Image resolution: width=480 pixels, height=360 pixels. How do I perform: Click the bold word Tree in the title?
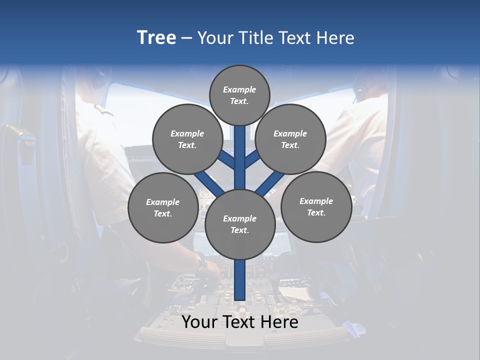pyautogui.click(x=156, y=37)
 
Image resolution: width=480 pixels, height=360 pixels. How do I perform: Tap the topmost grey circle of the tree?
pyautogui.click(x=239, y=95)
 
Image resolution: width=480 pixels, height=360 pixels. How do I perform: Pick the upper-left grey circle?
pyautogui.click(x=187, y=139)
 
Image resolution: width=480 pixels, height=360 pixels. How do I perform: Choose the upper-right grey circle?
pyautogui.click(x=290, y=139)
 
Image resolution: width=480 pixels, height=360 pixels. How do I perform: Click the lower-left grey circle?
pyautogui.click(x=162, y=207)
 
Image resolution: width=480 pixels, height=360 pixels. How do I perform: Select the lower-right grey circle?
pyautogui.click(x=316, y=206)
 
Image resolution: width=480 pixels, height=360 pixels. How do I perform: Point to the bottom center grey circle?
pyautogui.click(x=239, y=224)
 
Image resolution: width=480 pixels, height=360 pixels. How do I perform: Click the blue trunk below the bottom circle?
pyautogui.click(x=239, y=280)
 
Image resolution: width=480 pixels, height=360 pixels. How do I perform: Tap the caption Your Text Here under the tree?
pyautogui.click(x=239, y=322)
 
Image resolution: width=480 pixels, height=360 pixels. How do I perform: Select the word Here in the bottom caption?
pyautogui.click(x=279, y=322)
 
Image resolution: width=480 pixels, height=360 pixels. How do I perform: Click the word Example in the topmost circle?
pyautogui.click(x=239, y=89)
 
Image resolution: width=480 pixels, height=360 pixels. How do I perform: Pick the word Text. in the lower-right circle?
pyautogui.click(x=316, y=212)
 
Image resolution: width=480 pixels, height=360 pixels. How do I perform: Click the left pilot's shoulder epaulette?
pyautogui.click(x=103, y=109)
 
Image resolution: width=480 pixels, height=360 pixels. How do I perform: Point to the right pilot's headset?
pyautogui.click(x=358, y=92)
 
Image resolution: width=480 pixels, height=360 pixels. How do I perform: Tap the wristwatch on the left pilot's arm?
pyautogui.click(x=201, y=260)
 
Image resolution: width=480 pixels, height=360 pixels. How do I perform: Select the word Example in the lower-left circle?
pyautogui.click(x=162, y=202)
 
